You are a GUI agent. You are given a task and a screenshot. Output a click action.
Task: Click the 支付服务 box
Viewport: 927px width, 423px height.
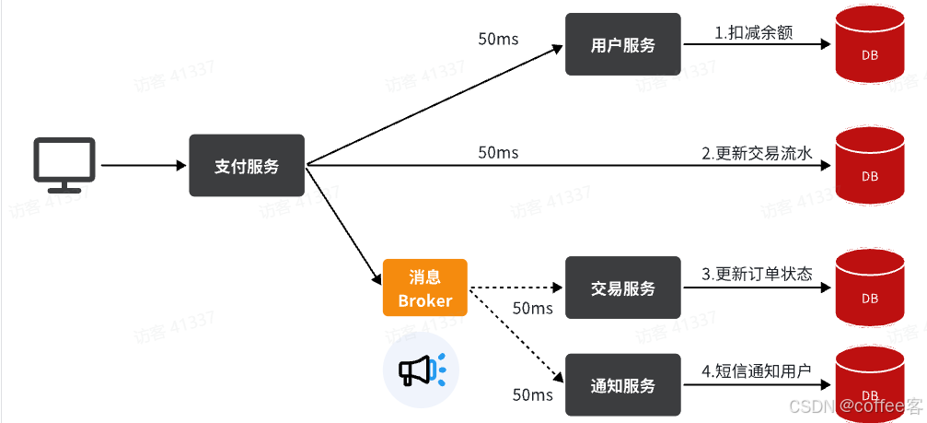[247, 166]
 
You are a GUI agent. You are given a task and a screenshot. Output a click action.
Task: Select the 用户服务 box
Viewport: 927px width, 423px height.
[622, 44]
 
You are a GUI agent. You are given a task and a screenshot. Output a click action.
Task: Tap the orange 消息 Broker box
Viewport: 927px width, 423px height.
[424, 288]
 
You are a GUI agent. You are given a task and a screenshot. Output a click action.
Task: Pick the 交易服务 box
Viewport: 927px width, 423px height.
[622, 288]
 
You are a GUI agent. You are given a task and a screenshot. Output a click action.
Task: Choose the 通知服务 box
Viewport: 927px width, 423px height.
[622, 385]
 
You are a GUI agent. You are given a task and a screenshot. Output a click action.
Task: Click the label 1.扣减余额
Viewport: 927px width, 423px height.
[753, 33]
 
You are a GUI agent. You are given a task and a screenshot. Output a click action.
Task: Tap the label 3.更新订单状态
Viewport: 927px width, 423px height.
[757, 274]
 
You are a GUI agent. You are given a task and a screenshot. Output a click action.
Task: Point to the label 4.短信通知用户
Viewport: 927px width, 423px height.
[756, 371]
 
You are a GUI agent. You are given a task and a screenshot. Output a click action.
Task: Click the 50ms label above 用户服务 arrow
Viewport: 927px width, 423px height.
[498, 40]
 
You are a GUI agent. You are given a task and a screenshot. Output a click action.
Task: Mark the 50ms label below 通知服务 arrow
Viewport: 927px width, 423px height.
[532, 395]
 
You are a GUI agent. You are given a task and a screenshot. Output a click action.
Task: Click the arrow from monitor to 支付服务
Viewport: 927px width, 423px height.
[143, 166]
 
